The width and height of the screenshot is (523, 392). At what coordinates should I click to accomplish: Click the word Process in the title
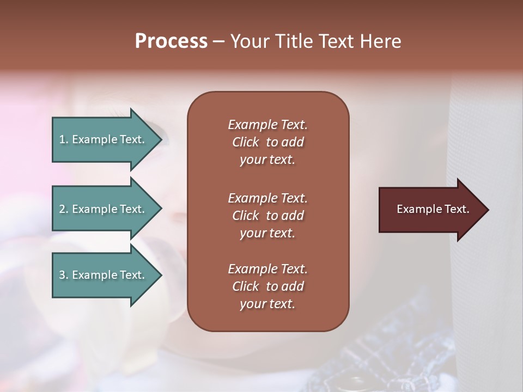(171, 41)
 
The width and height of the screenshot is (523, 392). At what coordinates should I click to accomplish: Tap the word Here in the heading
(381, 41)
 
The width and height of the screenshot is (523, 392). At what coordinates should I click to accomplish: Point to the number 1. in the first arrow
(64, 139)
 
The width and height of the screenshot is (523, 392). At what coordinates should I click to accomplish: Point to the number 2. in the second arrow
(64, 209)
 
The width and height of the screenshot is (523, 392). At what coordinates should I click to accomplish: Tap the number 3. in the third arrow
(64, 275)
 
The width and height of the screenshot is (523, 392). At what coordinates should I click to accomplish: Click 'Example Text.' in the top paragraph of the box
(267, 125)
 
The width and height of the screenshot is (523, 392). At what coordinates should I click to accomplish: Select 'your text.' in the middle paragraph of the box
(267, 233)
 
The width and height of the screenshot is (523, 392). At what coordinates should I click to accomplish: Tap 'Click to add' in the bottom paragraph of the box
(267, 286)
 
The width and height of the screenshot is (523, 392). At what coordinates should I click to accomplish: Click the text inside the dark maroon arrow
(433, 209)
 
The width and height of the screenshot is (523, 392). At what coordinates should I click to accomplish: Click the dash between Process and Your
(218, 41)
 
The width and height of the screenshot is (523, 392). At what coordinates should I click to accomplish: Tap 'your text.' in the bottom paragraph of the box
(267, 304)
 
